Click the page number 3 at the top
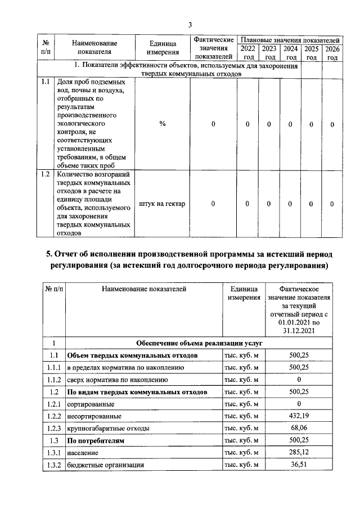coord(190,25)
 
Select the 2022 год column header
coord(247,53)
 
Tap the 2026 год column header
coord(332,53)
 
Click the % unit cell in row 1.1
coord(162,124)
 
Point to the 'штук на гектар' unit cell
coord(162,204)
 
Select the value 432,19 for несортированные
coord(299,417)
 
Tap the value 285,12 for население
coord(299,453)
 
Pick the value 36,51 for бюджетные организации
coord(299,466)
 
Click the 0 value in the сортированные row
coord(299,404)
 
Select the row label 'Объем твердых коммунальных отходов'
coord(132,356)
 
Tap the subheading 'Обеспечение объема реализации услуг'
coord(200,343)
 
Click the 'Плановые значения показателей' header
coord(290,40)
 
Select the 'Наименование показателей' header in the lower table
coord(143,289)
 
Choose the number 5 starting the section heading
coord(49,254)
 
